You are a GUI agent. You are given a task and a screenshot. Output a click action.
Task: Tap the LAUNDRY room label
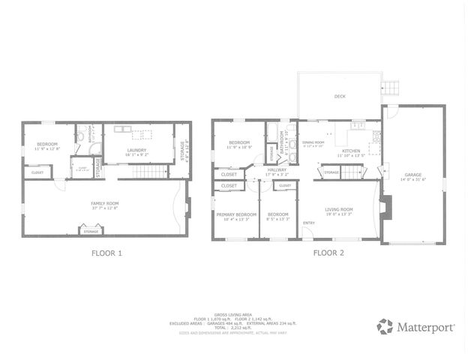[x=136, y=151]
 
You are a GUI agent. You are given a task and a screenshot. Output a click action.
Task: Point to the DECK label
[x=340, y=97]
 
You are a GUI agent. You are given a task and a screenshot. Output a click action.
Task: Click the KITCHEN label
[x=352, y=151]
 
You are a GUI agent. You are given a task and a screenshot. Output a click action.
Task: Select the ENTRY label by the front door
[x=309, y=223]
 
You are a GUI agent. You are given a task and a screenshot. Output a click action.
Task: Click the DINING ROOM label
[x=313, y=142]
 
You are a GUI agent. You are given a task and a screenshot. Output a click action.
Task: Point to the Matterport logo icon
[x=385, y=326]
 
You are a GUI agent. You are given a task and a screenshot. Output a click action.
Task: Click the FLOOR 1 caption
[x=106, y=253]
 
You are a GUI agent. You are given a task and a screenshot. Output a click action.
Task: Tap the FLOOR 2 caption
[x=328, y=253]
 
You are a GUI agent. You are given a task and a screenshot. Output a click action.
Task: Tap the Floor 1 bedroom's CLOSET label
[x=37, y=172]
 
